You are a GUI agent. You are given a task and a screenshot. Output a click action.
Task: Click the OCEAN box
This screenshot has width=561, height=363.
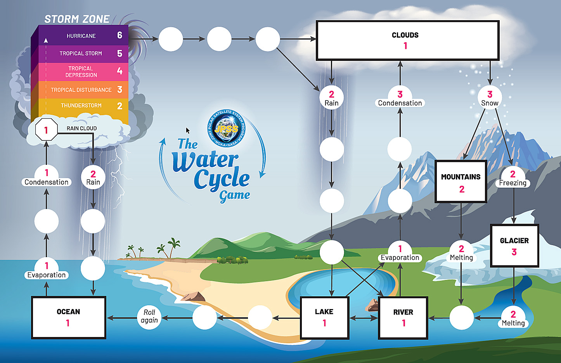pyautogui.click(x=68, y=317)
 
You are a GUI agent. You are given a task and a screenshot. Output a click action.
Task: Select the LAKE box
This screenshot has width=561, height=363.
pyautogui.click(x=324, y=317)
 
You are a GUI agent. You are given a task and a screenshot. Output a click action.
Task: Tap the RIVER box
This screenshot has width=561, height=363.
pyautogui.click(x=403, y=317)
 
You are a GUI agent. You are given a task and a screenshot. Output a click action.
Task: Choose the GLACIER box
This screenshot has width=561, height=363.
pyautogui.click(x=514, y=246)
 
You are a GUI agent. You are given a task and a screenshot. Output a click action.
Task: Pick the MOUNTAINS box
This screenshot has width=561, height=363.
pyautogui.click(x=461, y=181)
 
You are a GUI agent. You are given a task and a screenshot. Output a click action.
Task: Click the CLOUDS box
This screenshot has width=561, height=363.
pyautogui.click(x=407, y=40)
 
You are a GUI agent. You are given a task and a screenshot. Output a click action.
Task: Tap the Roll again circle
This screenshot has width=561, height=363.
pyautogui.click(x=149, y=317)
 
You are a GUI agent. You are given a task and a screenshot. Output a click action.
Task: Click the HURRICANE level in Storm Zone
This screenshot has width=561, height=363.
pyautogui.click(x=83, y=36)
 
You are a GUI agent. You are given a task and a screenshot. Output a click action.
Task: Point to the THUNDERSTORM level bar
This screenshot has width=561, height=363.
pyautogui.click(x=83, y=105)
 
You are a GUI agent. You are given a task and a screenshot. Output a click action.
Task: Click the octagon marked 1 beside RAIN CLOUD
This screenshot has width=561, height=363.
pyautogui.click(x=46, y=130)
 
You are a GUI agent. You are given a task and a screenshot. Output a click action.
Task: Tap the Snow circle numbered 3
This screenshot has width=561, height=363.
pyautogui.click(x=490, y=97)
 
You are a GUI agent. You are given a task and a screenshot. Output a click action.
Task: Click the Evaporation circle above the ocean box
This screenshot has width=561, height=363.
pyautogui.click(x=47, y=269)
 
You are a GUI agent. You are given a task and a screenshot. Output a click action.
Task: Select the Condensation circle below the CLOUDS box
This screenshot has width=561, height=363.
pyautogui.click(x=400, y=97)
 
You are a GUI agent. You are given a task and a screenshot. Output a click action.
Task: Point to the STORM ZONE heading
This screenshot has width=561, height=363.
pyautogui.click(x=77, y=19)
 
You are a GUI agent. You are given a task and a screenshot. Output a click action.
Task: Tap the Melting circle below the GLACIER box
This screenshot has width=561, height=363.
pyautogui.click(x=513, y=318)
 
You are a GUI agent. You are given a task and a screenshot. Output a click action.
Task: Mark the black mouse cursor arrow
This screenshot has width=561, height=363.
pyautogui.click(x=188, y=131)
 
